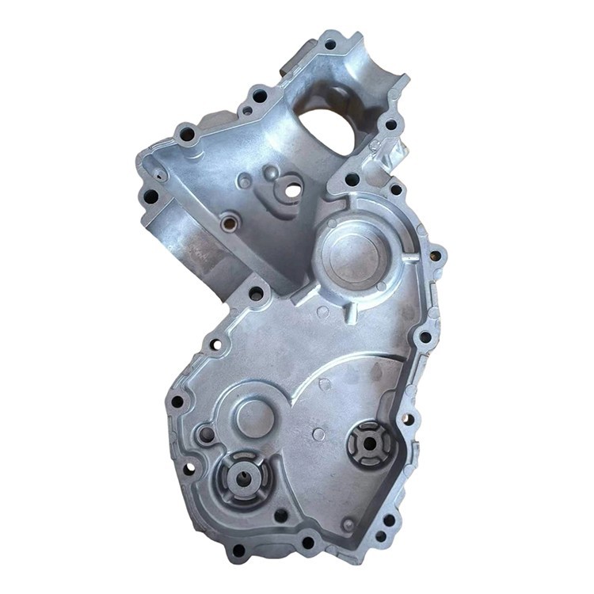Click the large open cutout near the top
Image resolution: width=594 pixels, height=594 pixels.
tap(326, 127)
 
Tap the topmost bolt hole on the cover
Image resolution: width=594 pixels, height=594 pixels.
tap(329, 44)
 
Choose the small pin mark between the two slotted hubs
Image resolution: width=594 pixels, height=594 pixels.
tap(318, 434)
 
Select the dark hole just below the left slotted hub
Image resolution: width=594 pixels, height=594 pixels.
tap(280, 515)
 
